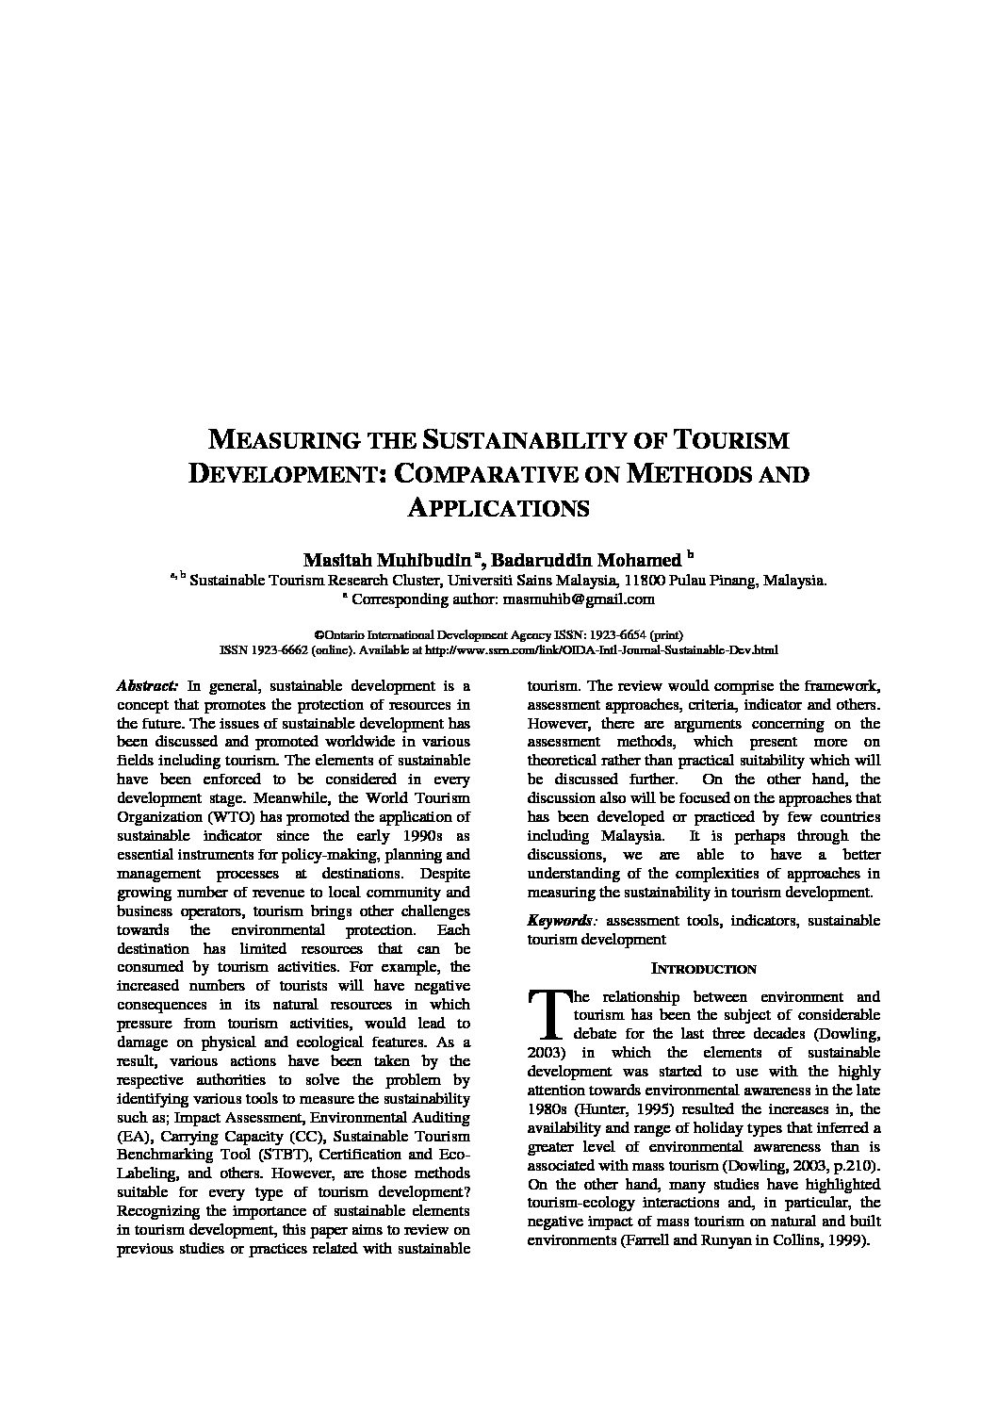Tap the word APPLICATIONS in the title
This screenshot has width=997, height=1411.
point(498,507)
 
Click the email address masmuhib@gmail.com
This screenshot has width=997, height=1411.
point(579,599)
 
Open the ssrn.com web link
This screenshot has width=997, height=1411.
point(602,649)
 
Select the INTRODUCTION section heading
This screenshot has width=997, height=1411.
point(704,969)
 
